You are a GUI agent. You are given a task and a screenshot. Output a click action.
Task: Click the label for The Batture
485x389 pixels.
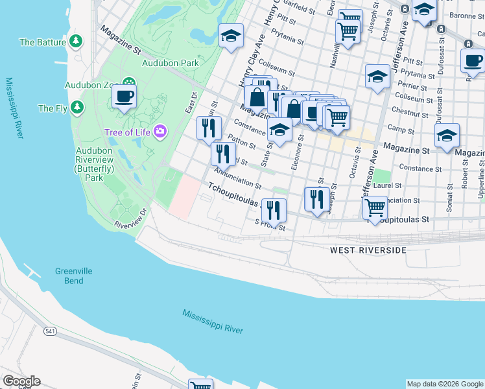(43, 42)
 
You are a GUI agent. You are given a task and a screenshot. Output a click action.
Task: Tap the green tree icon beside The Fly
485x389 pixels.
(77, 108)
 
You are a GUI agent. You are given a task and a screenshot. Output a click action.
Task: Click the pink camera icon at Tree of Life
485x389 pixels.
(160, 132)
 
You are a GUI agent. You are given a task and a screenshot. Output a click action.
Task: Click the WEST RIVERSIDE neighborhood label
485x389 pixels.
(368, 250)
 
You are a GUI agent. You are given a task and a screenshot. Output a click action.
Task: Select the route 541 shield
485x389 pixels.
(51, 331)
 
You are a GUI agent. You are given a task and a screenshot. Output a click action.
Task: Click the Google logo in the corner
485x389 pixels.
(21, 381)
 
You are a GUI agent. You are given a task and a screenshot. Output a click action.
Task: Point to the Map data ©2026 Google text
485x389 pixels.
(444, 384)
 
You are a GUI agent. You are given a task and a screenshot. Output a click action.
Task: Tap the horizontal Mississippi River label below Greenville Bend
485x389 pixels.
(213, 321)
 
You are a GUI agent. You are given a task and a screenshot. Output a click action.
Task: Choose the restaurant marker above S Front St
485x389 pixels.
(274, 210)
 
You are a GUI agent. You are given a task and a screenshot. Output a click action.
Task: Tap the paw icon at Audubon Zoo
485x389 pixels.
(129, 84)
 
